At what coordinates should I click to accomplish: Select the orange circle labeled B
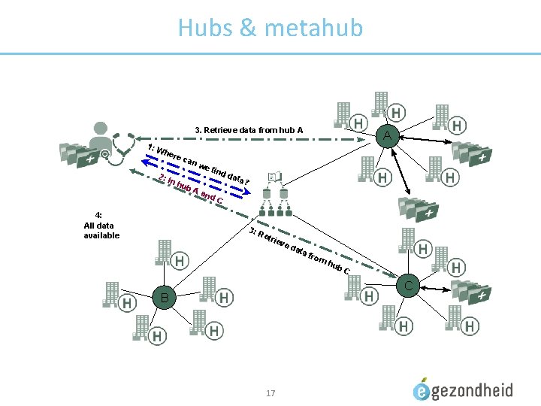(164, 298)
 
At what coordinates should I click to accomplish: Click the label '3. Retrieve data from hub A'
(249, 130)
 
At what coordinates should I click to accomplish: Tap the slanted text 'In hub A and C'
(191, 189)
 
